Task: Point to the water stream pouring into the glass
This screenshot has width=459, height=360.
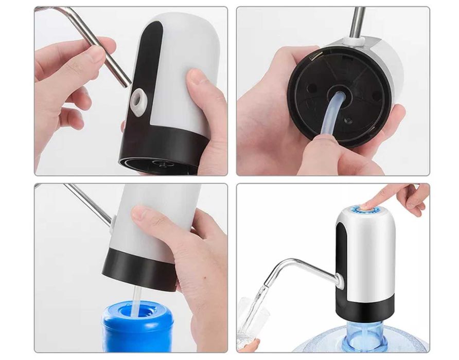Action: pyautogui.click(x=261, y=303)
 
